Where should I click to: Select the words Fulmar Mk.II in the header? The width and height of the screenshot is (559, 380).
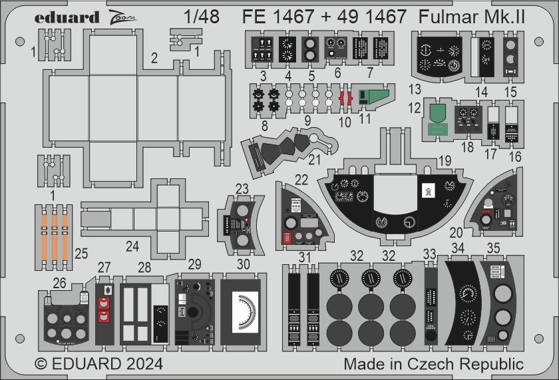473,17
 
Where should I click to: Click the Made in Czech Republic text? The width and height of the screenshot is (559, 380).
433,364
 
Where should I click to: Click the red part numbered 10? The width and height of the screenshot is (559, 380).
345,98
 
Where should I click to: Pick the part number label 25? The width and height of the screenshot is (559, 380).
81,253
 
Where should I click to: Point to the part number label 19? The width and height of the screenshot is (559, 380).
445,160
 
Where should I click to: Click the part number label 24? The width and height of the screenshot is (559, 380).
132,247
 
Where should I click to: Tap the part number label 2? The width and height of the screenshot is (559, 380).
154,58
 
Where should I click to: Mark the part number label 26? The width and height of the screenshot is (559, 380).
60,284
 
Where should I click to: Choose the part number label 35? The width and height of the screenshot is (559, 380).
493,248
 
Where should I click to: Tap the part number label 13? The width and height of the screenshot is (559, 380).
415,89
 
